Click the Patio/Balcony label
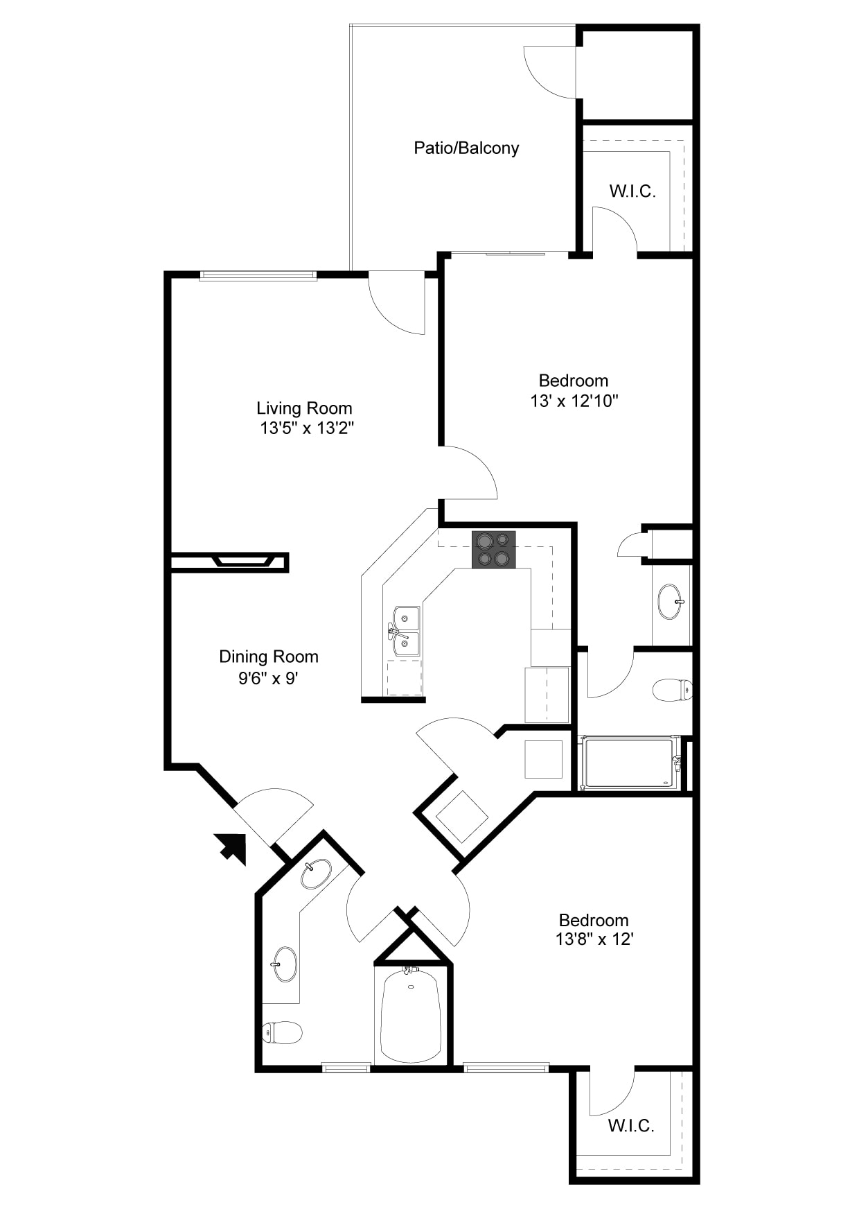(466, 148)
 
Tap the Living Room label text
(304, 408)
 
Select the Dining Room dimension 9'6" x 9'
(268, 678)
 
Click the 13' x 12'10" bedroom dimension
(574, 401)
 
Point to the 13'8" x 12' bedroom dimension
(594, 939)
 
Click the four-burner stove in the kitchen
(494, 550)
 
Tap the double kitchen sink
(405, 631)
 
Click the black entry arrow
(231, 848)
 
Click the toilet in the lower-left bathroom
(282, 1032)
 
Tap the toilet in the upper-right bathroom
(673, 690)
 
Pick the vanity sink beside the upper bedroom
(671, 601)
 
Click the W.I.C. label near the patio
(632, 191)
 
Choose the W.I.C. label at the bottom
(631, 1125)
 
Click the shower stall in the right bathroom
(629, 763)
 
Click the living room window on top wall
(258, 275)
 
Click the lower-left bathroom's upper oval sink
(316, 874)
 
